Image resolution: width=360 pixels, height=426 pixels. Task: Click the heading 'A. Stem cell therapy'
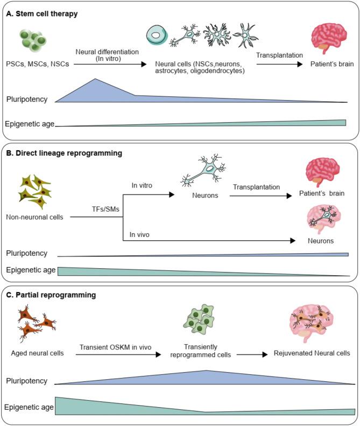coord(41,14)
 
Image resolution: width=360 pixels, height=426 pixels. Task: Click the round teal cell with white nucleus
coord(158,36)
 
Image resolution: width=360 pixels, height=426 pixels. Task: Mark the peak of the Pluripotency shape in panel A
coord(95,80)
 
